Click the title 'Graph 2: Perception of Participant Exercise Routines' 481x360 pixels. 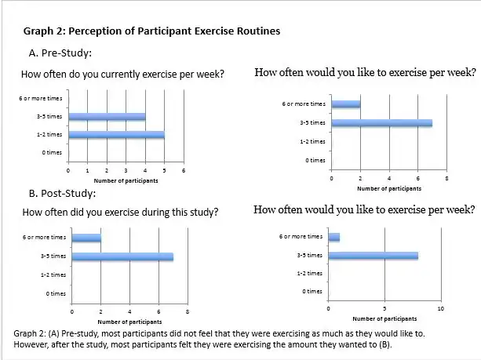(x=151, y=31)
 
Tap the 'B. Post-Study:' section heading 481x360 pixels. (x=62, y=193)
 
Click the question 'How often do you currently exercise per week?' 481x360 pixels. (x=124, y=75)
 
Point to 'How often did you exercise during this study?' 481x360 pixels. (x=121, y=213)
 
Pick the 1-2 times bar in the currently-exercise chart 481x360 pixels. (x=116, y=135)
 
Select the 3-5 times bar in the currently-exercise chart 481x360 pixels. (x=107, y=117)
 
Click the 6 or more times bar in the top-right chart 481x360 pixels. (x=346, y=104)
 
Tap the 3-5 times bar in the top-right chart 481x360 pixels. (x=381, y=122)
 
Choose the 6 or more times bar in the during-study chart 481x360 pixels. (x=86, y=238)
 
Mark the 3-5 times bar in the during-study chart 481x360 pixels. (x=122, y=256)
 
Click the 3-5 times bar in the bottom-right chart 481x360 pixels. (x=374, y=255)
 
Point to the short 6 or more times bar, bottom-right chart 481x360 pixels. (x=334, y=236)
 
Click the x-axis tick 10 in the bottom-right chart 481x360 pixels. (x=440, y=309)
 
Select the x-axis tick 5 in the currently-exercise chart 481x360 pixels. (x=164, y=170)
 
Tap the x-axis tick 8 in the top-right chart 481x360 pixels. (x=446, y=179)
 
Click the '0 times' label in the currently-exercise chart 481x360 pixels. (x=54, y=153)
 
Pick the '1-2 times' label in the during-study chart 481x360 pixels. (x=54, y=275)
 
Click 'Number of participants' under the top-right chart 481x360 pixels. (x=388, y=188)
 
